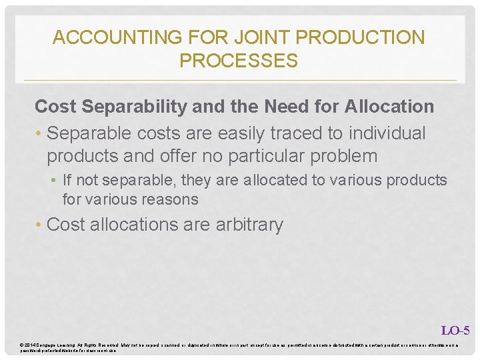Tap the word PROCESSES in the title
pyautogui.click(x=239, y=61)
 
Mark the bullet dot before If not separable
pyautogui.click(x=55, y=181)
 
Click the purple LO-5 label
pyautogui.click(x=455, y=330)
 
